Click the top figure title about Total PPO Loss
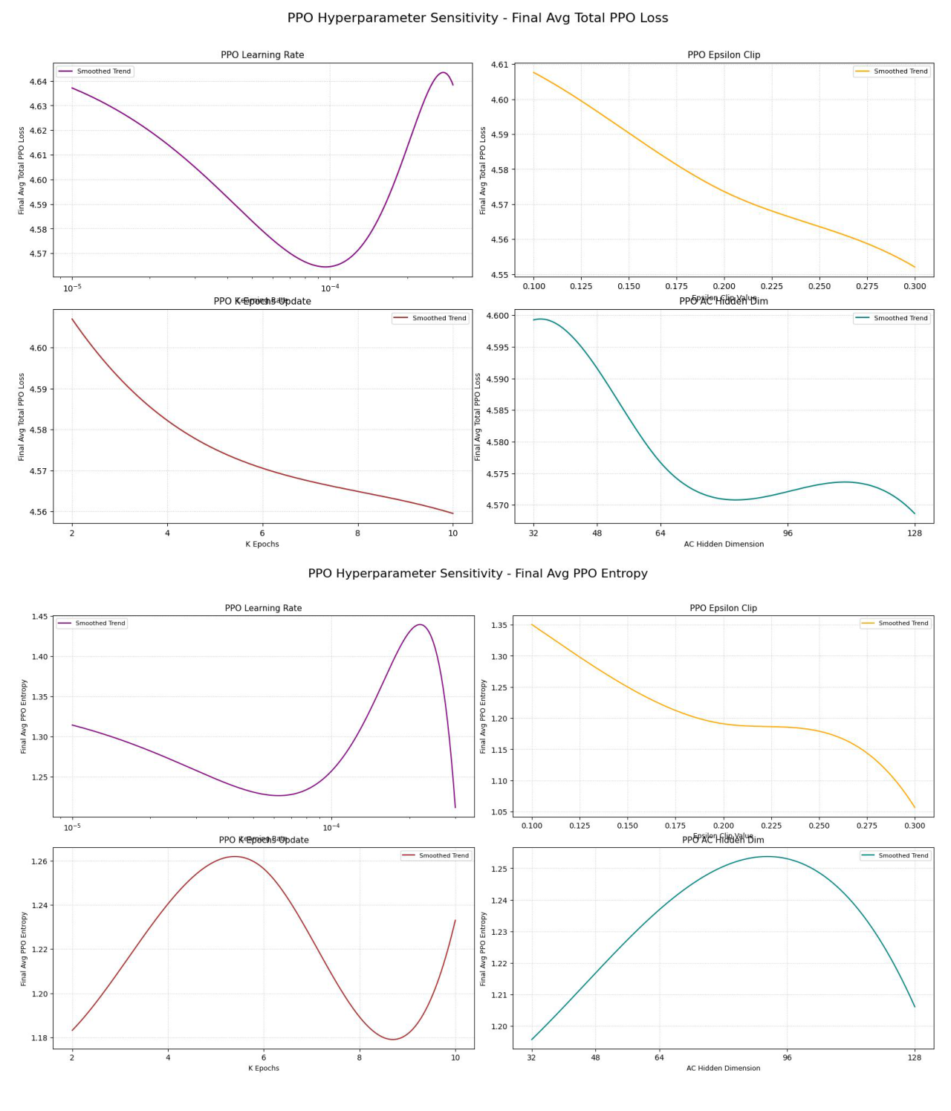pos(478,18)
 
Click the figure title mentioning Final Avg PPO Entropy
pos(478,574)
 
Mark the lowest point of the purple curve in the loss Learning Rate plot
pos(325,267)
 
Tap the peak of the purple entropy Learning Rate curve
pos(421,624)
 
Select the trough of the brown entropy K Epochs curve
pos(393,1039)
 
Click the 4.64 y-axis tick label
pos(38,82)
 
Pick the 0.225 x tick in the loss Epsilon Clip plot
pos(772,286)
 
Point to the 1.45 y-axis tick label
pos(39,617)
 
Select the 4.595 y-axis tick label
pos(498,348)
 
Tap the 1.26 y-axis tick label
pos(39,862)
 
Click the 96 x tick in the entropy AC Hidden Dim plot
pos(787,1057)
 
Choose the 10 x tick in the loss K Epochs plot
pos(453,533)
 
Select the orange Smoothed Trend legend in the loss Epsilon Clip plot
pos(892,71)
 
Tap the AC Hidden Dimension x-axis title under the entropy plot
pos(723,1068)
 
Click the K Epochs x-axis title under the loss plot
pos(262,544)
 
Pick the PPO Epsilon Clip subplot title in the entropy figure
pos(723,608)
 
